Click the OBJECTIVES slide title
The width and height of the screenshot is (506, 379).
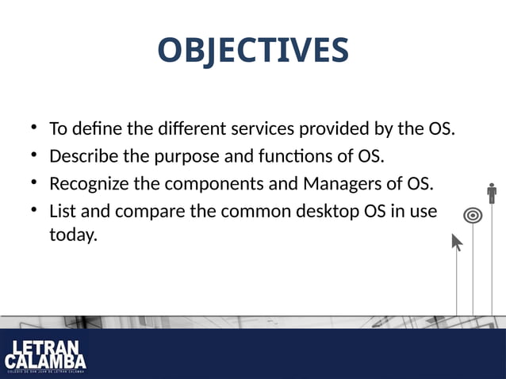coord(252,50)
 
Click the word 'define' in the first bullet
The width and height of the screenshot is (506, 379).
coord(101,128)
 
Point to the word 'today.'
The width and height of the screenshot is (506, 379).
coord(73,235)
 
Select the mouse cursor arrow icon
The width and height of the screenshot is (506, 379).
coord(457,242)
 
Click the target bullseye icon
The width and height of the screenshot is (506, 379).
coord(473,215)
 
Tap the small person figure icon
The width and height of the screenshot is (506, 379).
coord(492,193)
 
